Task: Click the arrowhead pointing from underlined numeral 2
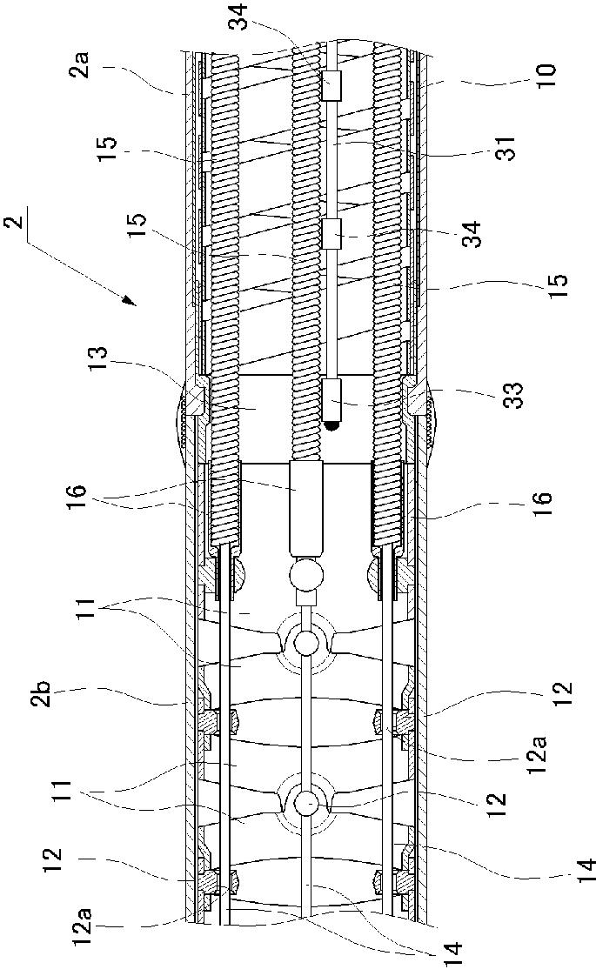(x=131, y=302)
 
